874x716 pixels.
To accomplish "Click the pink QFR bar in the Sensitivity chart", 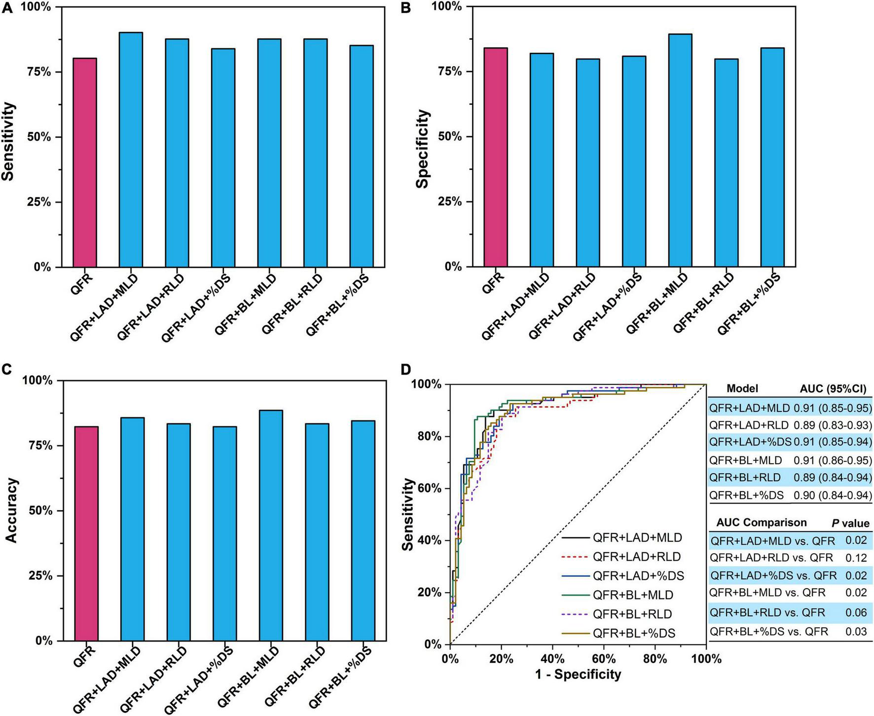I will pos(85,163).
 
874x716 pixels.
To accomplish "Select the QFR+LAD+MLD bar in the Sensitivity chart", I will pos(131,150).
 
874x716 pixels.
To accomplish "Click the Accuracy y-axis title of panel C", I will pos(11,510).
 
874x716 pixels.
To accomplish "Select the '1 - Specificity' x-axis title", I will pos(578,674).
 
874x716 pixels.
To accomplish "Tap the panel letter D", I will pos(405,369).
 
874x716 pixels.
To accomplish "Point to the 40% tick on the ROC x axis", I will pos(552,659).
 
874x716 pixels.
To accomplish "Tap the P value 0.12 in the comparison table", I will pos(856,558).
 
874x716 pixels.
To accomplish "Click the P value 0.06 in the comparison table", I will pos(856,612).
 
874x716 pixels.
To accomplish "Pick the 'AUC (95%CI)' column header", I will pos(833,389).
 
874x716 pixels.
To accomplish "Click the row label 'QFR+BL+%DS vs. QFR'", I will pos(769,631).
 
